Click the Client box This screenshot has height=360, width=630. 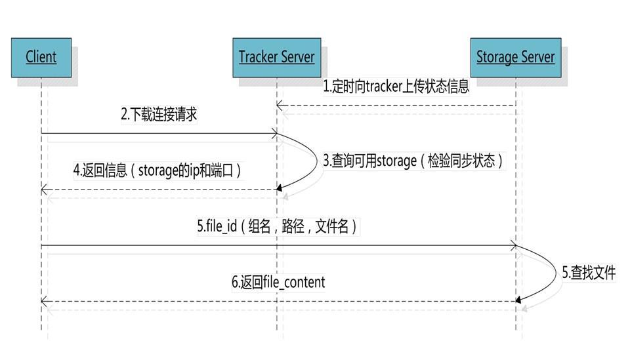coord(41,58)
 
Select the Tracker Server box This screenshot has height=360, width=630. coord(276,58)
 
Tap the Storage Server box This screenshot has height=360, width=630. coord(515,58)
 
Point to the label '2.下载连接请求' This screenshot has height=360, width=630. coord(159,115)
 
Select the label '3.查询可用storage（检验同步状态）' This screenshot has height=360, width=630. coord(413,161)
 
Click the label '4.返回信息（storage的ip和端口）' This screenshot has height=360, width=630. coord(157,170)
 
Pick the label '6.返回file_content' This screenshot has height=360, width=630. coord(278,283)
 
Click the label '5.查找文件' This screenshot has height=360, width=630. coord(589,273)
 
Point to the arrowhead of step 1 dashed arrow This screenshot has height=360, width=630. coord(280,106)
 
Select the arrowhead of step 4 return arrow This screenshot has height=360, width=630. coord(44,190)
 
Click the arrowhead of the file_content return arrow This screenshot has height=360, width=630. coord(44,301)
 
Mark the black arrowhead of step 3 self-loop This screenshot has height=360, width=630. coord(280,189)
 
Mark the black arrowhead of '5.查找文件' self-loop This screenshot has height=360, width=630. coord(519,300)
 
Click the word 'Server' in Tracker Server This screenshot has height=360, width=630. coord(297,58)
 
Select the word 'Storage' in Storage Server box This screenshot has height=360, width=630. coord(497,58)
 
